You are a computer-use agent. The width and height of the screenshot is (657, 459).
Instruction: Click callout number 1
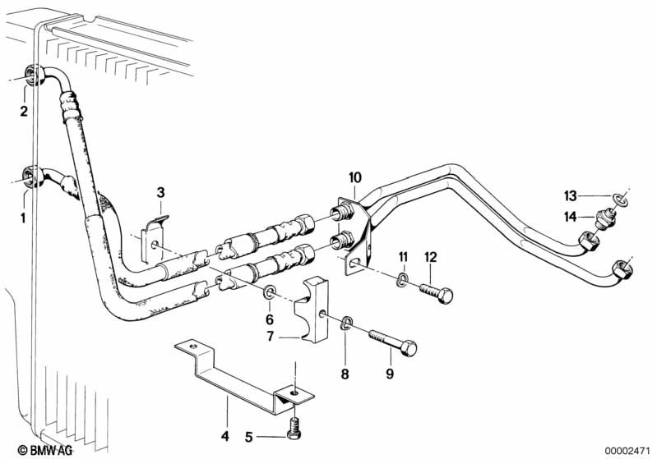point(24,218)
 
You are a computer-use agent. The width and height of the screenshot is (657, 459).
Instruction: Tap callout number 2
point(24,111)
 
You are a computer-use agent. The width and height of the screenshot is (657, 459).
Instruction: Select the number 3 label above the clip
point(161,193)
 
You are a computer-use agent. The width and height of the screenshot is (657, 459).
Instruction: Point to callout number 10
point(355,177)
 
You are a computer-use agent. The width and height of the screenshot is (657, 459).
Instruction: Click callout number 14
point(571,217)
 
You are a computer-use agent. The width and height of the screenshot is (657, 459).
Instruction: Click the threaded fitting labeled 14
point(605,218)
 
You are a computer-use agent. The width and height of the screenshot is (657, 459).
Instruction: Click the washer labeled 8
point(346,323)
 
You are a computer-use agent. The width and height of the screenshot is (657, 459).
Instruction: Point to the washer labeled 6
point(269,291)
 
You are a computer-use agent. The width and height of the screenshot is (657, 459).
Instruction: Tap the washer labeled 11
point(402,279)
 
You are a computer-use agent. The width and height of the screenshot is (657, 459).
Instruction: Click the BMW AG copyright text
point(44,450)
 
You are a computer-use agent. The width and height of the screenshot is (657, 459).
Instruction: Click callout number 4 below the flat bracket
point(225,436)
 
